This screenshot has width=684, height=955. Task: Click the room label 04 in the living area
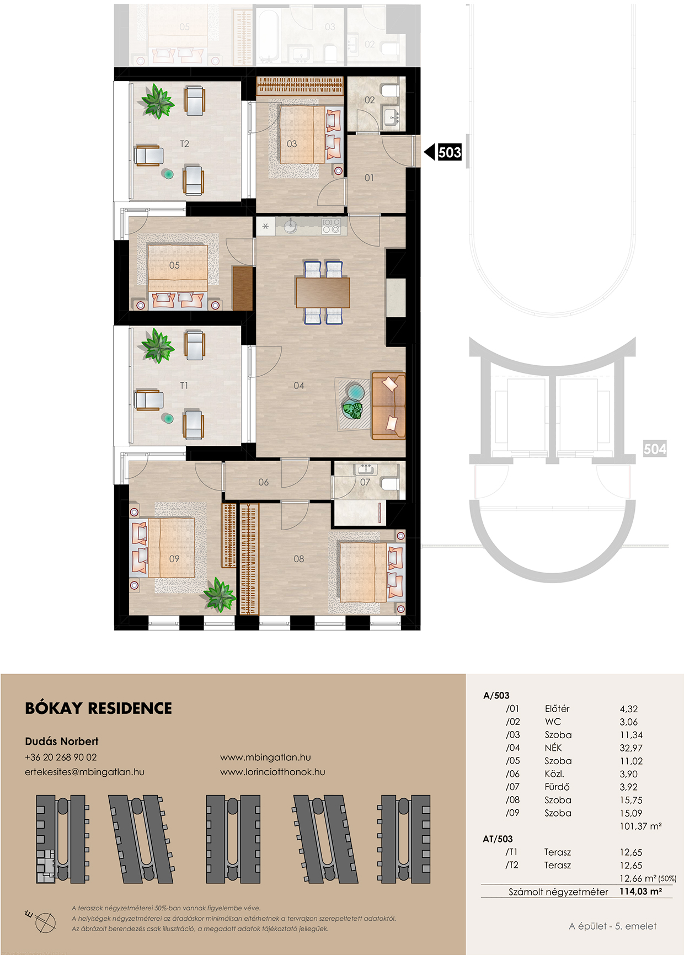(299, 386)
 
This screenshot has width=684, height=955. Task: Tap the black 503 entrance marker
(443, 152)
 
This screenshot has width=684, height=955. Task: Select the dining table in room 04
(323, 292)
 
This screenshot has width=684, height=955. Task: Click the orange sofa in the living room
(388, 406)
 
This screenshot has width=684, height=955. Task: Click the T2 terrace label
(184, 144)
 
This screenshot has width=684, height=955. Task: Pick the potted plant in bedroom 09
(220, 594)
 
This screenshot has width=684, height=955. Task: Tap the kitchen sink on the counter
(290, 226)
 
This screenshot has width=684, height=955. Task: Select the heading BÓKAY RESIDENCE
(99, 708)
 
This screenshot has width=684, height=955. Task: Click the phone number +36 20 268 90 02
(61, 757)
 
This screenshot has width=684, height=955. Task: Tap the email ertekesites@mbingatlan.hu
(84, 772)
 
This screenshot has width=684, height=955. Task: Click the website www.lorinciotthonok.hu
(272, 772)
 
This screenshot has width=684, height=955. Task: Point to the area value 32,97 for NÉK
(631, 748)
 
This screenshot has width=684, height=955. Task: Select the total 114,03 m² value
(640, 891)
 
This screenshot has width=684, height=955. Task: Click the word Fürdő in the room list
(557, 787)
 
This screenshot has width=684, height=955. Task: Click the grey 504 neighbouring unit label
(655, 449)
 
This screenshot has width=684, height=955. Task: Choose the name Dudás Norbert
(62, 741)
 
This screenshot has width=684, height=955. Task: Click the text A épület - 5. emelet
(613, 926)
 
